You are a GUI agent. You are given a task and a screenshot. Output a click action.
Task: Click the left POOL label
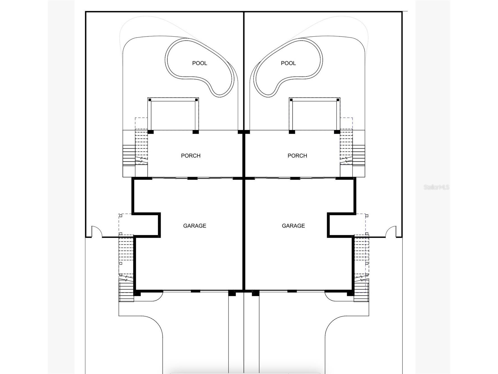199,63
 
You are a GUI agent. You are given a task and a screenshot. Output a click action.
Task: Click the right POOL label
288,63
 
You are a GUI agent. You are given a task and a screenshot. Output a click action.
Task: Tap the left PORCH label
191,156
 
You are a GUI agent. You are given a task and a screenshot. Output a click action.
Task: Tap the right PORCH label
297,156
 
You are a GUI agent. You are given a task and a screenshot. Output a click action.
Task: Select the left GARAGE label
195,226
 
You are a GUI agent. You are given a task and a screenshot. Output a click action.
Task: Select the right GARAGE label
293,226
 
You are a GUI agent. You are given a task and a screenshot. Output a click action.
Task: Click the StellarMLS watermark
436,187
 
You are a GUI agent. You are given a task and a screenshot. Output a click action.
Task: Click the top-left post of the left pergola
150,100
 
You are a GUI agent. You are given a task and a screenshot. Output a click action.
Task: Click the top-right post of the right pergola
338,100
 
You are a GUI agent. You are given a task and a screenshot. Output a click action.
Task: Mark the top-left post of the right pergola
291,100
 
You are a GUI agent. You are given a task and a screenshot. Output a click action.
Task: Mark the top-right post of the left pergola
197,100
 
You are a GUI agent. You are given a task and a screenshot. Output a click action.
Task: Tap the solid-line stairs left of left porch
129,156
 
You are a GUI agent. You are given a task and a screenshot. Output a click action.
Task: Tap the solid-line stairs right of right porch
359,156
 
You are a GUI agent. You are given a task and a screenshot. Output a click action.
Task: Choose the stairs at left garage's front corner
127,292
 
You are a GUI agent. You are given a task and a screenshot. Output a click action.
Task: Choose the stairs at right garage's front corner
361,292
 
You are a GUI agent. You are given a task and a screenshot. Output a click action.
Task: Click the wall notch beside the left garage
146,225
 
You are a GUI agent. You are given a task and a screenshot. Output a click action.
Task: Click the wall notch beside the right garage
341,225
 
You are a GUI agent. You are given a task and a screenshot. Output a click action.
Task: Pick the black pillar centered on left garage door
196,291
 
